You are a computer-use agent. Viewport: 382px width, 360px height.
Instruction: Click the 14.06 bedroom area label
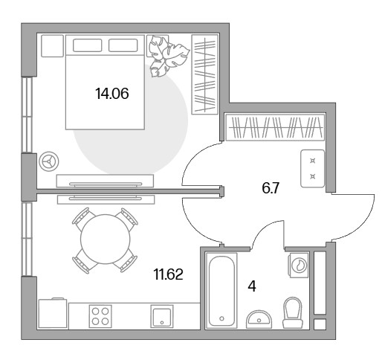pos(112,94)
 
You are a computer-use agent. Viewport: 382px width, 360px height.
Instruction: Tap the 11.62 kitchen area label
pos(169,274)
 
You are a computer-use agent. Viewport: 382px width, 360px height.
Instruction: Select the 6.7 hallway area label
pos(271,188)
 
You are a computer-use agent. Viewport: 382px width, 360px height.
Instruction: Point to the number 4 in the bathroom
pos(252,286)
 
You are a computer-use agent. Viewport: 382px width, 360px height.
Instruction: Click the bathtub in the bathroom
pos(221,291)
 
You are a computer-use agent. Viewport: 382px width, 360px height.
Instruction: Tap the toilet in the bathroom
pos(293,312)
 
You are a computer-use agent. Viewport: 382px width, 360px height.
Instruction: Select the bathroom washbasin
pos(259,319)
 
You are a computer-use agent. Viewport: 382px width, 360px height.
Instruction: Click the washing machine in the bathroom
pos(299,265)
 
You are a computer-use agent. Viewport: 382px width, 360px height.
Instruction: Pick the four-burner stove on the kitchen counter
pos(100,316)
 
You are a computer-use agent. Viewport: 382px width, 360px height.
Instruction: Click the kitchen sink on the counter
pos(162,316)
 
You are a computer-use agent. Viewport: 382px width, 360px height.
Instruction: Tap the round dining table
pos(106,240)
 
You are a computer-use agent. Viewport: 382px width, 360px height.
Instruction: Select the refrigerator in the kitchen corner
pos(53,314)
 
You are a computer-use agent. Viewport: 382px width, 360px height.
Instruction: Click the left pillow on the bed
pos(87,45)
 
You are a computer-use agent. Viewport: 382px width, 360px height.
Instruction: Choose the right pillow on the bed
pos(123,45)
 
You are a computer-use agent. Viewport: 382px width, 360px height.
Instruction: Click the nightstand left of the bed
pos(52,46)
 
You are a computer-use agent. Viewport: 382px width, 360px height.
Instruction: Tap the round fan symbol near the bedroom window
pos(49,161)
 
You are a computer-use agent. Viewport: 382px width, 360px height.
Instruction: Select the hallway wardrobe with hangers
pos(275,127)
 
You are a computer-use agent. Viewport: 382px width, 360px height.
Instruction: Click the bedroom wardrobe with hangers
pos(205,74)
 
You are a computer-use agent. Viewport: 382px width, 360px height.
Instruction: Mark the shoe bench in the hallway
pos(313,169)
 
